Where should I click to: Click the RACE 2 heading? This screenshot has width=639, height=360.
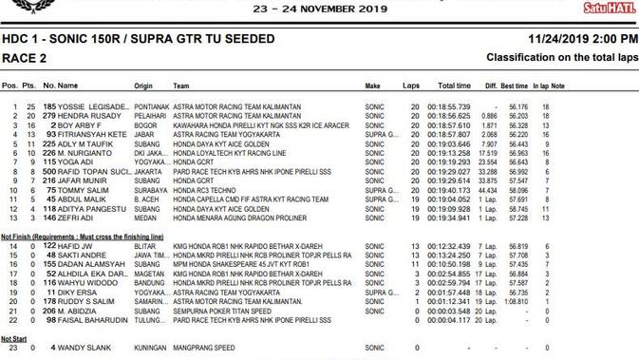click(25, 58)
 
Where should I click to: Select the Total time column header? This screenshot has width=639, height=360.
click(454, 85)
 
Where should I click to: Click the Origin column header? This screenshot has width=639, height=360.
click(143, 85)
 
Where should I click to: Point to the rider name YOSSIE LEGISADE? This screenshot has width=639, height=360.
click(92, 106)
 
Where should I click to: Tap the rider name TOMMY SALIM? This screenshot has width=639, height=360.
click(83, 189)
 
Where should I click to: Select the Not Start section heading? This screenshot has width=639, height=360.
click(13, 339)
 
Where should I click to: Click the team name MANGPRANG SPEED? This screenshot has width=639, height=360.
click(205, 349)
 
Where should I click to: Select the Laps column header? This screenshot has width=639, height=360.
click(411, 85)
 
